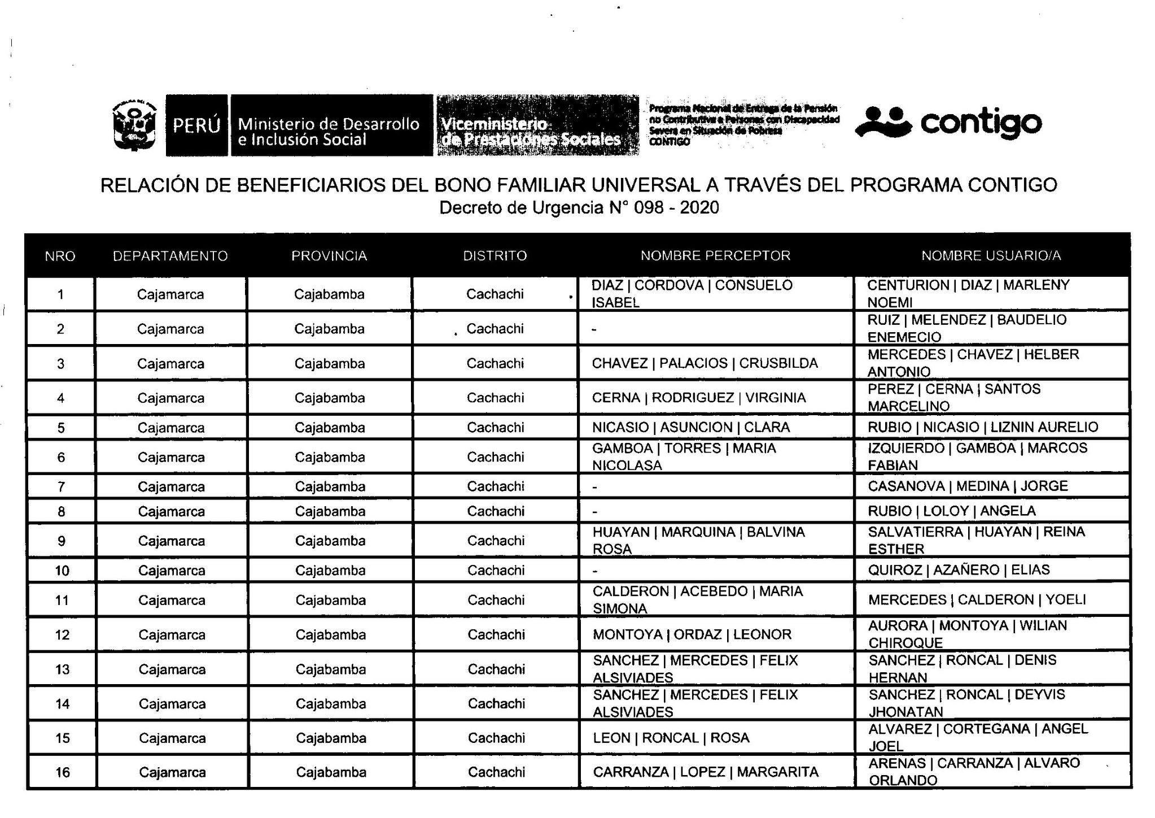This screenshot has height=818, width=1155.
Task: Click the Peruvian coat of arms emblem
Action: [x=134, y=125]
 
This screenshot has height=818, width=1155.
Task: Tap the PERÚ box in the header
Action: [x=196, y=125]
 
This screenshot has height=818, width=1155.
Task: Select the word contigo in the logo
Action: [x=981, y=123]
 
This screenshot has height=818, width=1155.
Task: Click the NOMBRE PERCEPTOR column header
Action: [x=715, y=256]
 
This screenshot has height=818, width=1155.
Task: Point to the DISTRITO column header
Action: [x=495, y=256]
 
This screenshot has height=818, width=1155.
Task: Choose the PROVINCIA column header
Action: [x=329, y=256]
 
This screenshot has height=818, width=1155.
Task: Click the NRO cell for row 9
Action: [x=62, y=541]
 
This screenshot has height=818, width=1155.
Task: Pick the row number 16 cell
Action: [x=62, y=772]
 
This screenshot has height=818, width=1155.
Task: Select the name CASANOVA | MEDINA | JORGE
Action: [x=968, y=486]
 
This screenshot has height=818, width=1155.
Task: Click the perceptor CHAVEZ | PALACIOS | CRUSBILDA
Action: [x=705, y=363]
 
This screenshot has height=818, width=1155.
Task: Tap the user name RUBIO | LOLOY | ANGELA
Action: [x=952, y=511]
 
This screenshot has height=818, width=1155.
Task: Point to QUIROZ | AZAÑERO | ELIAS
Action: [x=959, y=570]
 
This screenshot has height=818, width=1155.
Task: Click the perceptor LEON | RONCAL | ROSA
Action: [x=671, y=738]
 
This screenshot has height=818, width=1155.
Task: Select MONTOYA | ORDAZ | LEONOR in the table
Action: [x=692, y=634]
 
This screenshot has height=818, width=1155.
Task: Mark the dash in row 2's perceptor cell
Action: [x=594, y=329]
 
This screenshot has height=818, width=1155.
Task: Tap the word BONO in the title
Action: [x=467, y=185]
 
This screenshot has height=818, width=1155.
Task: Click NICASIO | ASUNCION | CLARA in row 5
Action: [x=691, y=428]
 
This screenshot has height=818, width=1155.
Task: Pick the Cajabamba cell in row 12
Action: [x=331, y=635]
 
